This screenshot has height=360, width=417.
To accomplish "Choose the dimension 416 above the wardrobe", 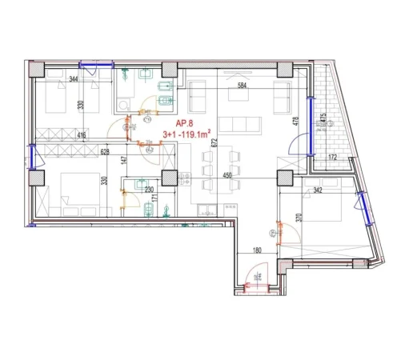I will pyautogui.click(x=82, y=136).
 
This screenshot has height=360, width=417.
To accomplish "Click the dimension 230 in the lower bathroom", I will pyautogui.click(x=148, y=190).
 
